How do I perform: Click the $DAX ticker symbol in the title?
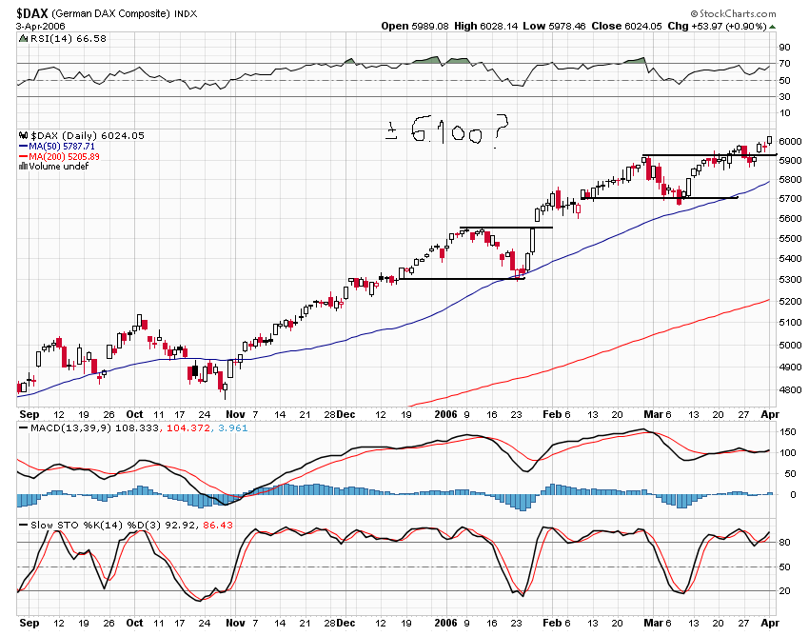(37, 12)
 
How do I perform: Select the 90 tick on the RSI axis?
(785, 47)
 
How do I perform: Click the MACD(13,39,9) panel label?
(64, 429)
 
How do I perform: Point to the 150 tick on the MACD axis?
(788, 432)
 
